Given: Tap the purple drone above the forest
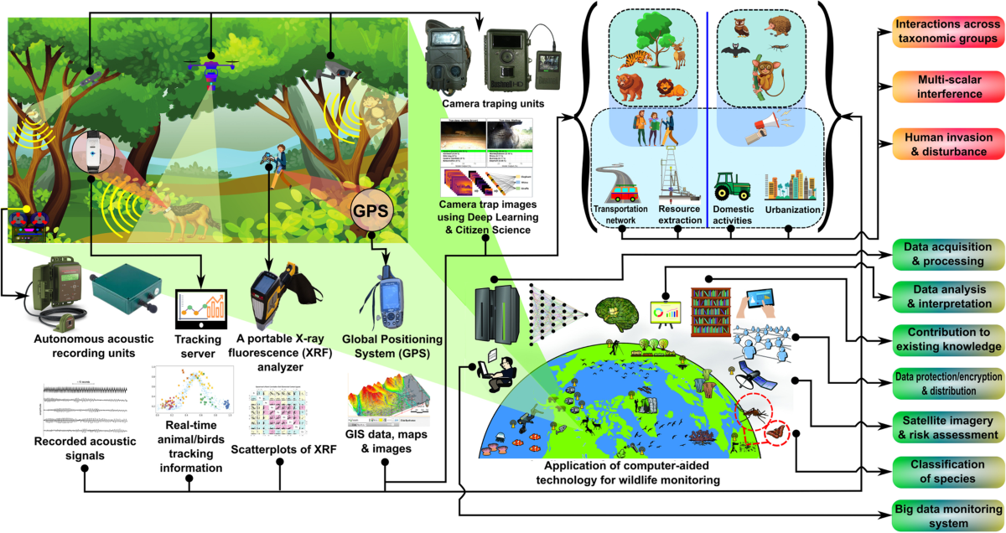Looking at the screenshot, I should (x=210, y=66).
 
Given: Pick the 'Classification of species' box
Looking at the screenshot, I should (x=947, y=471).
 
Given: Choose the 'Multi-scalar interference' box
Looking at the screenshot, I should (x=947, y=87).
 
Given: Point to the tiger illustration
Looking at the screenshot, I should (x=635, y=61).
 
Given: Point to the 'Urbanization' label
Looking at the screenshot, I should (x=793, y=210).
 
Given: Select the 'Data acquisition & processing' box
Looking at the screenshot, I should (x=947, y=254).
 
